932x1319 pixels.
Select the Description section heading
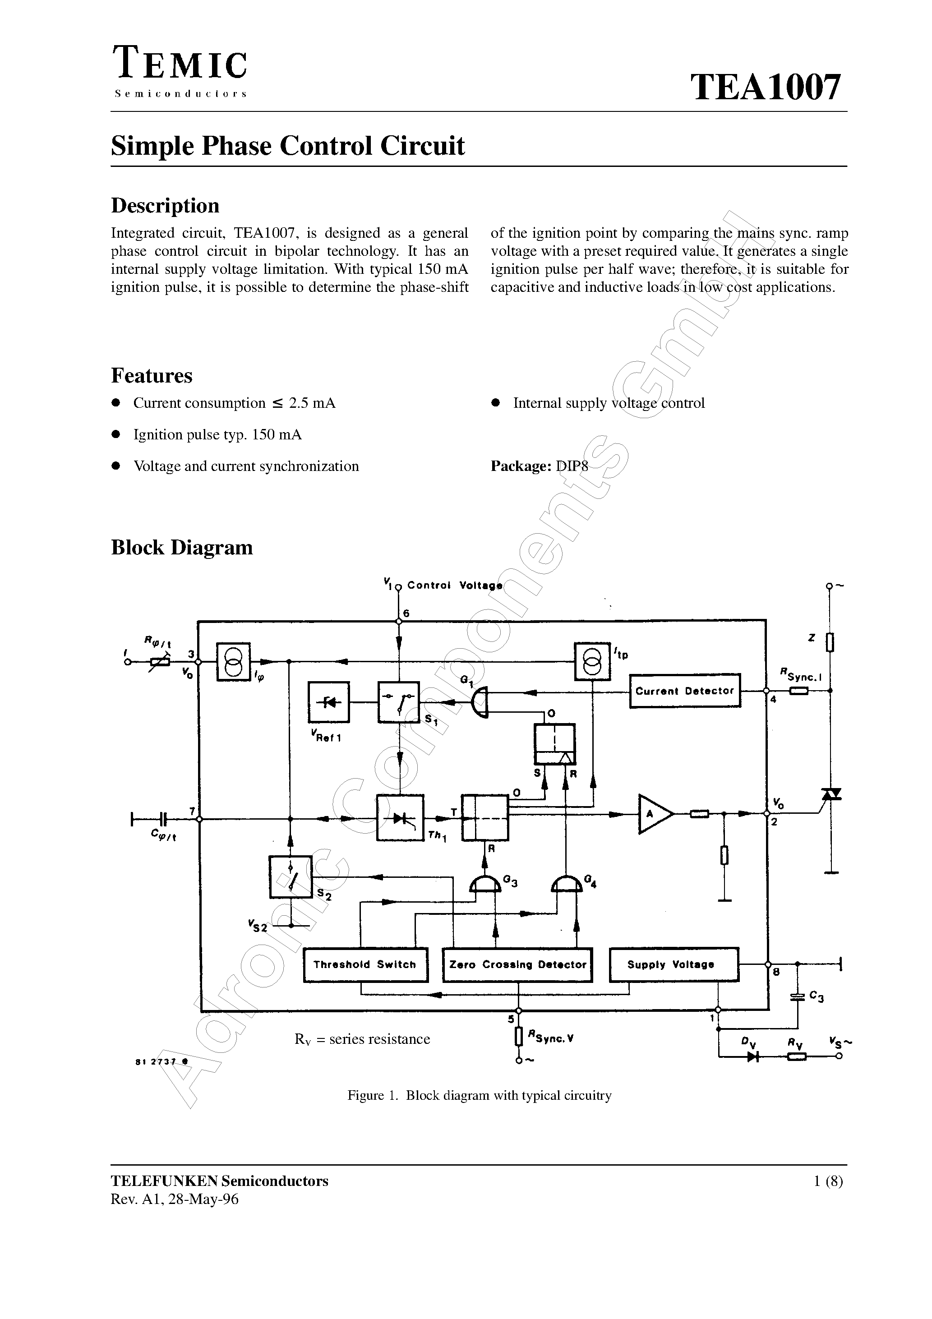click(x=165, y=206)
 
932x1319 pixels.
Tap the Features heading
click(x=151, y=376)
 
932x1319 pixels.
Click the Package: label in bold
click(x=521, y=466)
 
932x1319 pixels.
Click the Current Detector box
click(x=684, y=691)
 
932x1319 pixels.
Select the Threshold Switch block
click(x=365, y=964)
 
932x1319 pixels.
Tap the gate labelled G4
click(x=565, y=885)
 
